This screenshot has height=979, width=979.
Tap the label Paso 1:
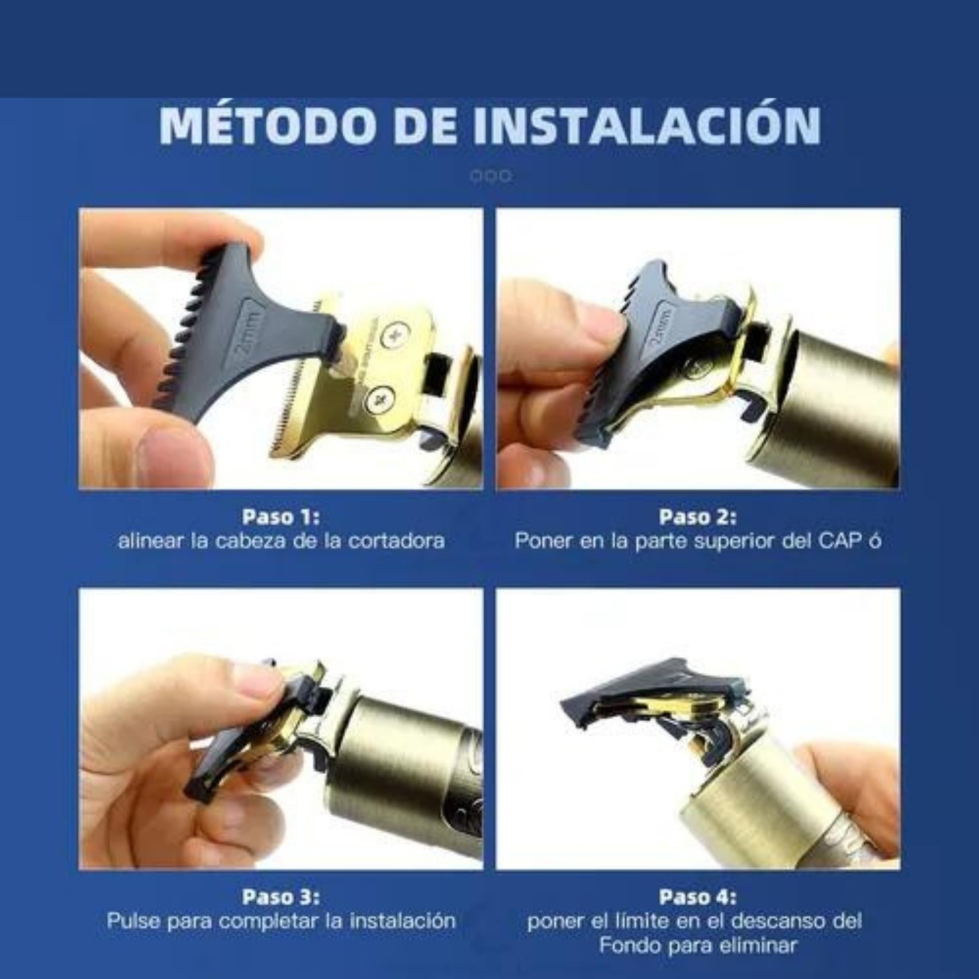(x=281, y=517)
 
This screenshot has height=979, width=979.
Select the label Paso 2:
(x=698, y=517)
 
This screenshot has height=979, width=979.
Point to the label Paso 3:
(x=281, y=897)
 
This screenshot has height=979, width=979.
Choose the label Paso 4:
(x=698, y=897)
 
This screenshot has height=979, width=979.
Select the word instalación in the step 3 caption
(x=403, y=921)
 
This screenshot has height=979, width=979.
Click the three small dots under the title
(x=491, y=176)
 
